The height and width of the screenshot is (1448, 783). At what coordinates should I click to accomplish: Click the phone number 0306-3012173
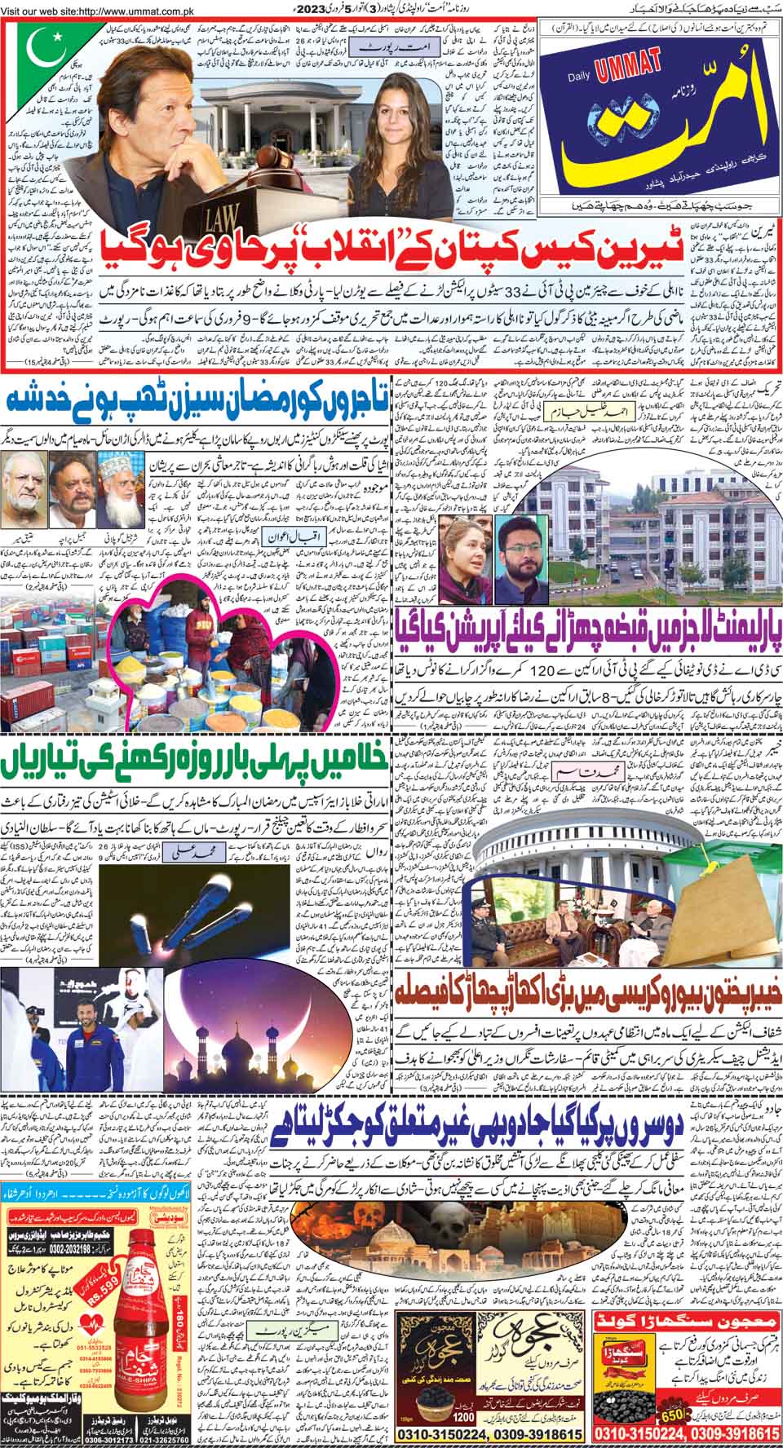click(33, 1439)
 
